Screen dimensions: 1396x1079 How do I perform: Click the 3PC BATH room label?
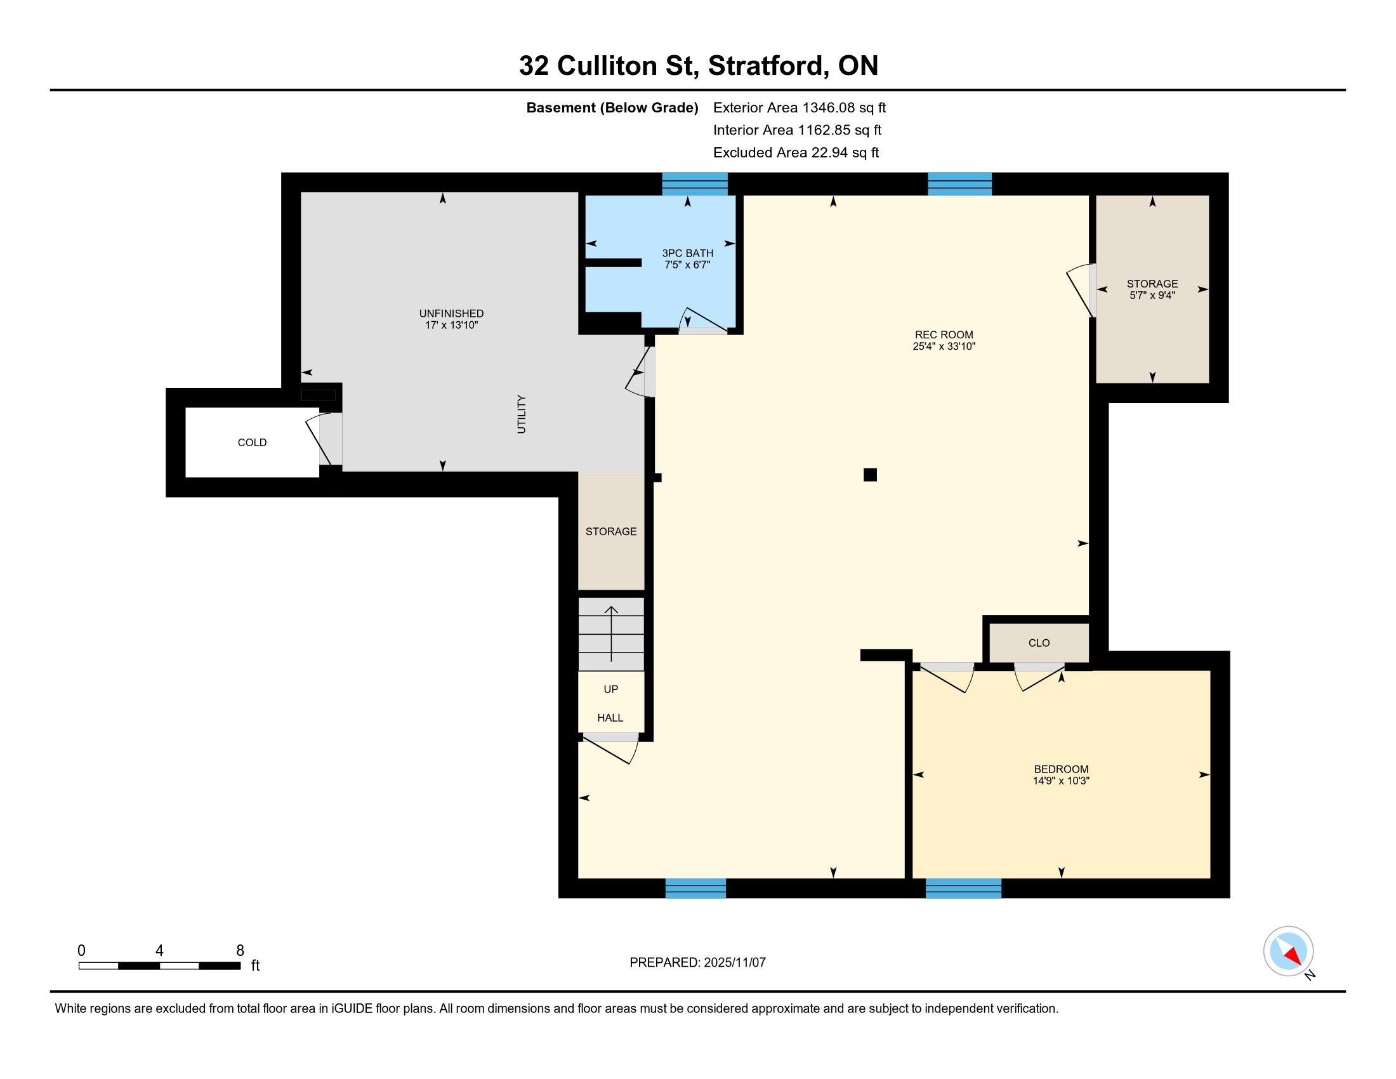687,253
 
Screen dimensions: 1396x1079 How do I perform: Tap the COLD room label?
252,442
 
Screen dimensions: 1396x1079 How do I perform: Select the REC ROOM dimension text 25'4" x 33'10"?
944,347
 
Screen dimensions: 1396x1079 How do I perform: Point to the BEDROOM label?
1061,769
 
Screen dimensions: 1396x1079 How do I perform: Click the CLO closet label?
1039,643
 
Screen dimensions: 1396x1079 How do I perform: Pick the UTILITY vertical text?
522,414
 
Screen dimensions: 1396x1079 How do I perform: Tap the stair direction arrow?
611,633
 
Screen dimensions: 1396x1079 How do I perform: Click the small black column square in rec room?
870,474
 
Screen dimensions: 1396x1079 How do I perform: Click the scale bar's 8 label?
240,951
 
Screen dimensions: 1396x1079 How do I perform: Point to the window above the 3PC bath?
695,183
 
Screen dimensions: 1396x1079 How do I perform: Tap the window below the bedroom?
963,889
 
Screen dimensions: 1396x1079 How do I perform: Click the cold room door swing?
320,440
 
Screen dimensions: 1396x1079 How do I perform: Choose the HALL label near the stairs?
610,718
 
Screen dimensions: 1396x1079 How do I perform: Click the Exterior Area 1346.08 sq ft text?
800,107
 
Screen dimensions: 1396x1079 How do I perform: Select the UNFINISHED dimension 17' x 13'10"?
451,326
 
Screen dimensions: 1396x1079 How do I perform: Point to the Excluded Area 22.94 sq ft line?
796,152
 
